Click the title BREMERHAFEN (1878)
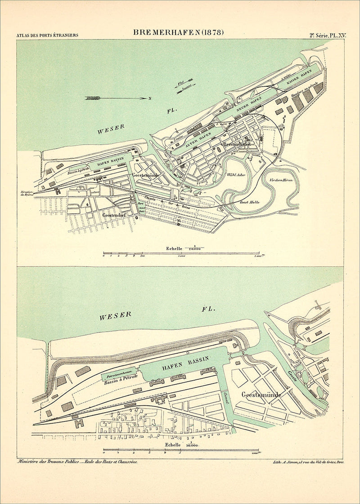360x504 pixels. (179, 32)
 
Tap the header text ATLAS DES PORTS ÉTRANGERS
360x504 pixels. (47, 35)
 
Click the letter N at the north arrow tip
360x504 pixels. (149, 98)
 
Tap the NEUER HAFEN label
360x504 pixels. (249, 104)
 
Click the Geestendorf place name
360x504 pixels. (114, 216)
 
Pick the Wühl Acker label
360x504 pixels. (236, 175)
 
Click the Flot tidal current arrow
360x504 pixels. (181, 83)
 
